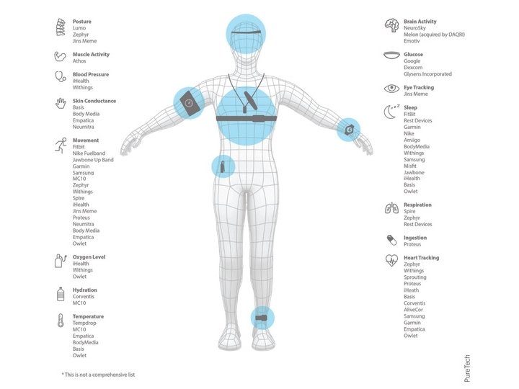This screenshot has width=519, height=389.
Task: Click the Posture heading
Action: tap(81, 22)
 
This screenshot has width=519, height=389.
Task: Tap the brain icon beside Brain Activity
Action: tap(391, 25)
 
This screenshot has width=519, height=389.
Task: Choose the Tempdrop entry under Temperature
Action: tap(84, 323)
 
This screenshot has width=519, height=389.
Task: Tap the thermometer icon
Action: tap(60, 321)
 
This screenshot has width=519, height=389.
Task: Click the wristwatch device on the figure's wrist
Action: tap(349, 130)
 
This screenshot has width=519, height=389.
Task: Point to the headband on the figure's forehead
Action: tap(246, 32)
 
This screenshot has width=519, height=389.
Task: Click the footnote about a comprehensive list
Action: tap(98, 375)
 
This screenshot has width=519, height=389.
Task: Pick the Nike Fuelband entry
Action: tap(89, 153)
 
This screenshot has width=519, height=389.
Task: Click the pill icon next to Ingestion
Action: tap(391, 240)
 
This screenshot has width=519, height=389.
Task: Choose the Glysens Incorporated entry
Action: tap(427, 74)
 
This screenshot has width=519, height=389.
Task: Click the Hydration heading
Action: tap(84, 290)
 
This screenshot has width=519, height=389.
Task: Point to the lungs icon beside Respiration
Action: tap(391, 208)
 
